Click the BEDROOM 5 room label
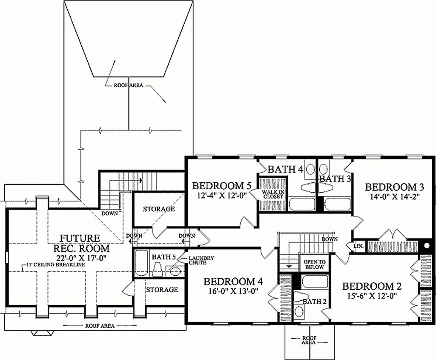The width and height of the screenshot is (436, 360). click(220, 186)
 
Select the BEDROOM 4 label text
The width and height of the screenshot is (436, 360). click(233, 282)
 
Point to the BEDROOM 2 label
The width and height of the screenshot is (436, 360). click(372, 286)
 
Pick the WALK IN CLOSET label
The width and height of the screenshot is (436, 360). click(272, 194)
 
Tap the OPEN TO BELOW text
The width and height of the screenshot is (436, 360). click(314, 264)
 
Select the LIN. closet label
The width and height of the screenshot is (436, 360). click(358, 246)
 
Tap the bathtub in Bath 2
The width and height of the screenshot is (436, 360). click(315, 282)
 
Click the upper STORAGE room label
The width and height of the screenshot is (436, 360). click(159, 209)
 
